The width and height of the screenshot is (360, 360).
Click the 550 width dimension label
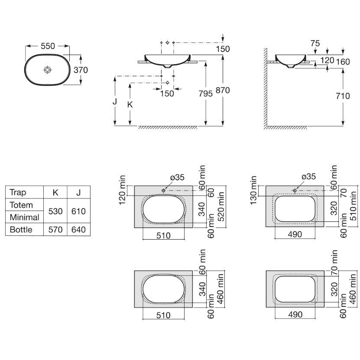click(x=48, y=46)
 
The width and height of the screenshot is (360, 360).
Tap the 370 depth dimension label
click(x=81, y=70)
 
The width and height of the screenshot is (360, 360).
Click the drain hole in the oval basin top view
click(x=48, y=70)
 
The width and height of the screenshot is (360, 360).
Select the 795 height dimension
click(x=205, y=94)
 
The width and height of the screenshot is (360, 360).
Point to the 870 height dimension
click(x=223, y=90)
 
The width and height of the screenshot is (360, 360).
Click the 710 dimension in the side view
click(x=343, y=96)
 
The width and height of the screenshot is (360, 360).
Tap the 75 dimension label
click(x=315, y=43)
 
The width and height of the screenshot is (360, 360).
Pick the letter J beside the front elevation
click(x=115, y=101)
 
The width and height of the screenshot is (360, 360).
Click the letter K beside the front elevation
click(x=130, y=105)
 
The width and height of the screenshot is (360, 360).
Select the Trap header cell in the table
click(x=18, y=192)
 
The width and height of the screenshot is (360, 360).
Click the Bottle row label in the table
click(x=21, y=230)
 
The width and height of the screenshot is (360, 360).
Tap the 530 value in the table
click(x=55, y=211)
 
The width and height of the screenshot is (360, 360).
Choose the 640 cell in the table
click(x=78, y=230)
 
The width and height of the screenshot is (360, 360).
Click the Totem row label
click(x=21, y=205)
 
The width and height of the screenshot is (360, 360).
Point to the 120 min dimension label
click(x=122, y=190)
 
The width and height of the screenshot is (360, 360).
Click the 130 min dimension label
click(x=253, y=190)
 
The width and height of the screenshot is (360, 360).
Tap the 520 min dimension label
click(x=221, y=207)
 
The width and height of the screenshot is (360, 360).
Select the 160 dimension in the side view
click(x=343, y=62)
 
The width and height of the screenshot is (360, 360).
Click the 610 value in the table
click(x=78, y=211)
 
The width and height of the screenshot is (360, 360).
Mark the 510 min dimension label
click(x=354, y=206)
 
